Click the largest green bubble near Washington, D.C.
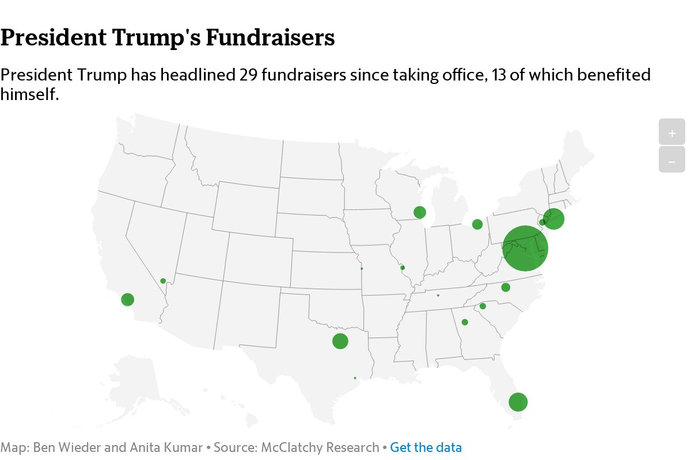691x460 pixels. tap(525, 248)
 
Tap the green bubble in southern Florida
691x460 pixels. tap(518, 402)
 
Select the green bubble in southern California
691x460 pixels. tap(128, 300)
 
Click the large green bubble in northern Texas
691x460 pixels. tap(340, 341)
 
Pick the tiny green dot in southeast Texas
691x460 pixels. tap(355, 378)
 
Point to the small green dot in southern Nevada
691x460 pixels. tap(163, 281)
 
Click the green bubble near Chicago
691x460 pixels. tap(420, 212)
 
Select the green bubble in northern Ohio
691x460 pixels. tap(477, 224)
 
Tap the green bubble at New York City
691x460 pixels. tap(553, 218)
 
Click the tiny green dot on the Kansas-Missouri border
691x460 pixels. tap(362, 269)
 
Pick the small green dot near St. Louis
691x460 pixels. tap(403, 267)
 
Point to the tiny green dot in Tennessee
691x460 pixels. tap(438, 296)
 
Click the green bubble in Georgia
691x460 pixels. tap(465, 322)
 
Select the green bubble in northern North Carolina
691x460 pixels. tap(506, 287)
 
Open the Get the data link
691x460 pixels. tap(426, 447)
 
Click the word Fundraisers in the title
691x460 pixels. tap(270, 38)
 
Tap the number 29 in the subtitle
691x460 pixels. tap(248, 75)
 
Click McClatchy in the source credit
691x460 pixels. tap(288, 447)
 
